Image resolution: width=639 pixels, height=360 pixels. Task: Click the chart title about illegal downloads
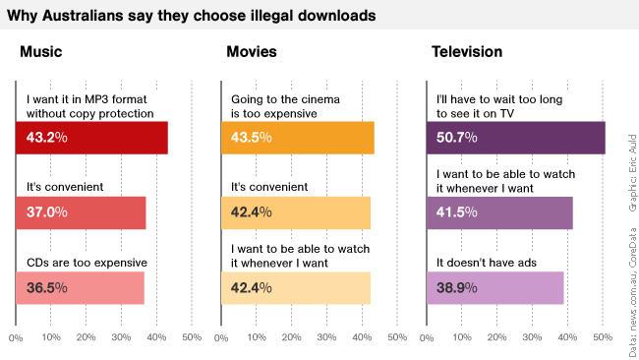pyautogui.click(x=190, y=16)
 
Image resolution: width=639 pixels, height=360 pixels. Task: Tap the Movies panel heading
pyautogui.click(x=251, y=52)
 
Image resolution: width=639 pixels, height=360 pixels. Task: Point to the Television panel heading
pyautogui.click(x=467, y=52)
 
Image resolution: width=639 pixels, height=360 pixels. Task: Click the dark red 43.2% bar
pyautogui.click(x=91, y=138)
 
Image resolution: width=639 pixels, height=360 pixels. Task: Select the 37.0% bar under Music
pyautogui.click(x=81, y=212)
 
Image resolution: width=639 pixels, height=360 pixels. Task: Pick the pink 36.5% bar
pyautogui.click(x=80, y=287)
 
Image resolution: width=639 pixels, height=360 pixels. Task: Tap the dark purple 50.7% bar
pyautogui.click(x=515, y=138)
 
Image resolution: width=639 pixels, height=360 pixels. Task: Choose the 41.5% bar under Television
pyautogui.click(x=499, y=212)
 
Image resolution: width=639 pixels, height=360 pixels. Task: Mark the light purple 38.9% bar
pyautogui.click(x=494, y=287)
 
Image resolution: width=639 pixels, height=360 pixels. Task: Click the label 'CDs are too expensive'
pyautogui.click(x=87, y=263)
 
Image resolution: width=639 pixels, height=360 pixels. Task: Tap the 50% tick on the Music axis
pyautogui.click(x=192, y=338)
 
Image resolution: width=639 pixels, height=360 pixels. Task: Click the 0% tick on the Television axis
pyautogui.click(x=427, y=338)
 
